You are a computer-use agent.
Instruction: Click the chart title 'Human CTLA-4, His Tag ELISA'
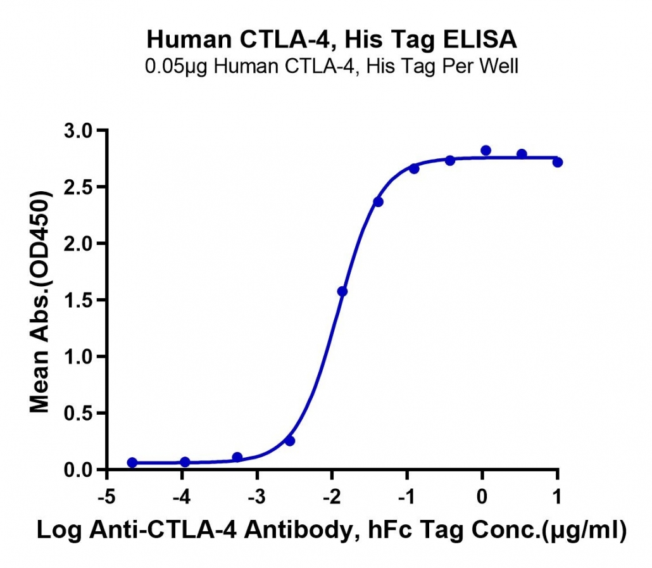[332, 39]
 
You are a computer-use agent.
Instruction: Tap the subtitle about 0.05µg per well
[332, 66]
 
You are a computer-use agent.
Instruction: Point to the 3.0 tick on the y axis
[78, 130]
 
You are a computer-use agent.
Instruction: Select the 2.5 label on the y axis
[78, 187]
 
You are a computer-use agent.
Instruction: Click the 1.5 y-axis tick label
[78, 300]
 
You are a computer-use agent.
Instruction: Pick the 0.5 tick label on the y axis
[78, 413]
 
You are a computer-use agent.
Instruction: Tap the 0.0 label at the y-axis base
[78, 470]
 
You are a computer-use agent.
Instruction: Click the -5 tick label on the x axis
[106, 496]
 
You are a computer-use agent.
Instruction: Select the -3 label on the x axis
[256, 496]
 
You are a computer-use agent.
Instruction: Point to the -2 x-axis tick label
[332, 496]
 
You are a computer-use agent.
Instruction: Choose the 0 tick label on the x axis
[482, 496]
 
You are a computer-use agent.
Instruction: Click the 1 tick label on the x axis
[557, 496]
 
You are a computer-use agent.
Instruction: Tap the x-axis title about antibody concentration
[332, 530]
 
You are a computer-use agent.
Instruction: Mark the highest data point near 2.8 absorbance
[486, 151]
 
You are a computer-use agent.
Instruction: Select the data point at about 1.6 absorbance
[342, 291]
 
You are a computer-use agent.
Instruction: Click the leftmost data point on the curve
[132, 462]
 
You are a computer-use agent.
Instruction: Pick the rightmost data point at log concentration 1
[558, 162]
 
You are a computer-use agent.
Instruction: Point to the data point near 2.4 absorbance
[378, 202]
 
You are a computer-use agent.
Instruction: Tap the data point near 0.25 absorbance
[290, 441]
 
